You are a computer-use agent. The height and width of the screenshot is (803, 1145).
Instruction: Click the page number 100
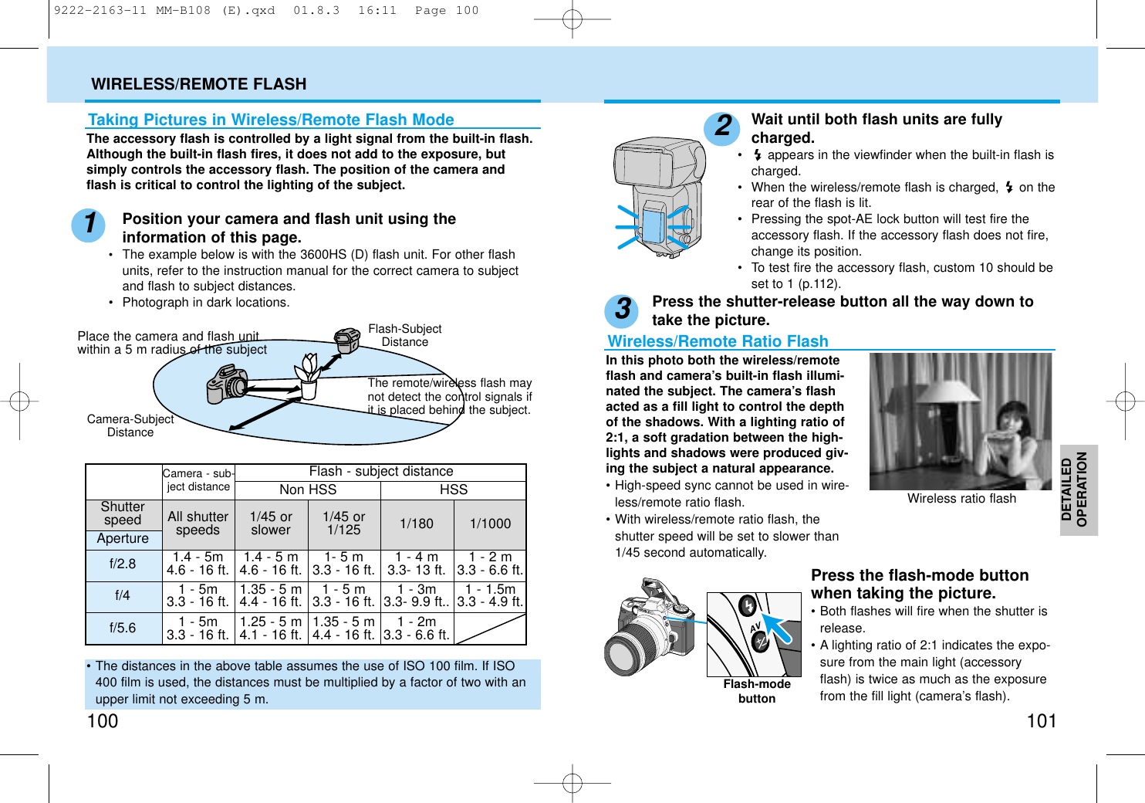coord(103,721)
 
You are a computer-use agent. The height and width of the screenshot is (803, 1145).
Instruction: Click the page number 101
coord(1041,721)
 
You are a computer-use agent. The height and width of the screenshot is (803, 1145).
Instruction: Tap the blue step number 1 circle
coord(89,224)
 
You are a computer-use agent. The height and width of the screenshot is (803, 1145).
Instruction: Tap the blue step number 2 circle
coord(722,126)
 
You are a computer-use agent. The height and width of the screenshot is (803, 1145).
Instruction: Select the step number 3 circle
coord(622,310)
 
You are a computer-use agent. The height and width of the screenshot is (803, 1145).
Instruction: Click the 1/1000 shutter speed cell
coord(490,523)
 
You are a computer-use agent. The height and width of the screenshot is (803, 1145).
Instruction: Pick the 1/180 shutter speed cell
coord(417,523)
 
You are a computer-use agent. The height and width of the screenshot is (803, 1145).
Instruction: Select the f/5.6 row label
coord(123,628)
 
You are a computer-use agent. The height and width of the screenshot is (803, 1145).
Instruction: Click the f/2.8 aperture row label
coord(123,564)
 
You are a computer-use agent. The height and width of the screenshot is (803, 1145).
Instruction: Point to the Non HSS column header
coord(308,490)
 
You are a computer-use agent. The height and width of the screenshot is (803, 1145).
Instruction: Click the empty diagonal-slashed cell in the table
coord(490,629)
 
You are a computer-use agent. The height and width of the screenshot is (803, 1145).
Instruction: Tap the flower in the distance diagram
coord(309,368)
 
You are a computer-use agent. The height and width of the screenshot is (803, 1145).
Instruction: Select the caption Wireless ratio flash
coord(961,499)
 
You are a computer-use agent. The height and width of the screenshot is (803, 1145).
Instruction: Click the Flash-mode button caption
coord(757,691)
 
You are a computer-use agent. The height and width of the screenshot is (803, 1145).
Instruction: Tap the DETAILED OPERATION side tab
coord(1078,490)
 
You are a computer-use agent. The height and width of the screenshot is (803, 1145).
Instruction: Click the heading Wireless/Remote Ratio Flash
coord(718,341)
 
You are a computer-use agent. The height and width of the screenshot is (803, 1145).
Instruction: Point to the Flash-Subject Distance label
coord(404,335)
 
